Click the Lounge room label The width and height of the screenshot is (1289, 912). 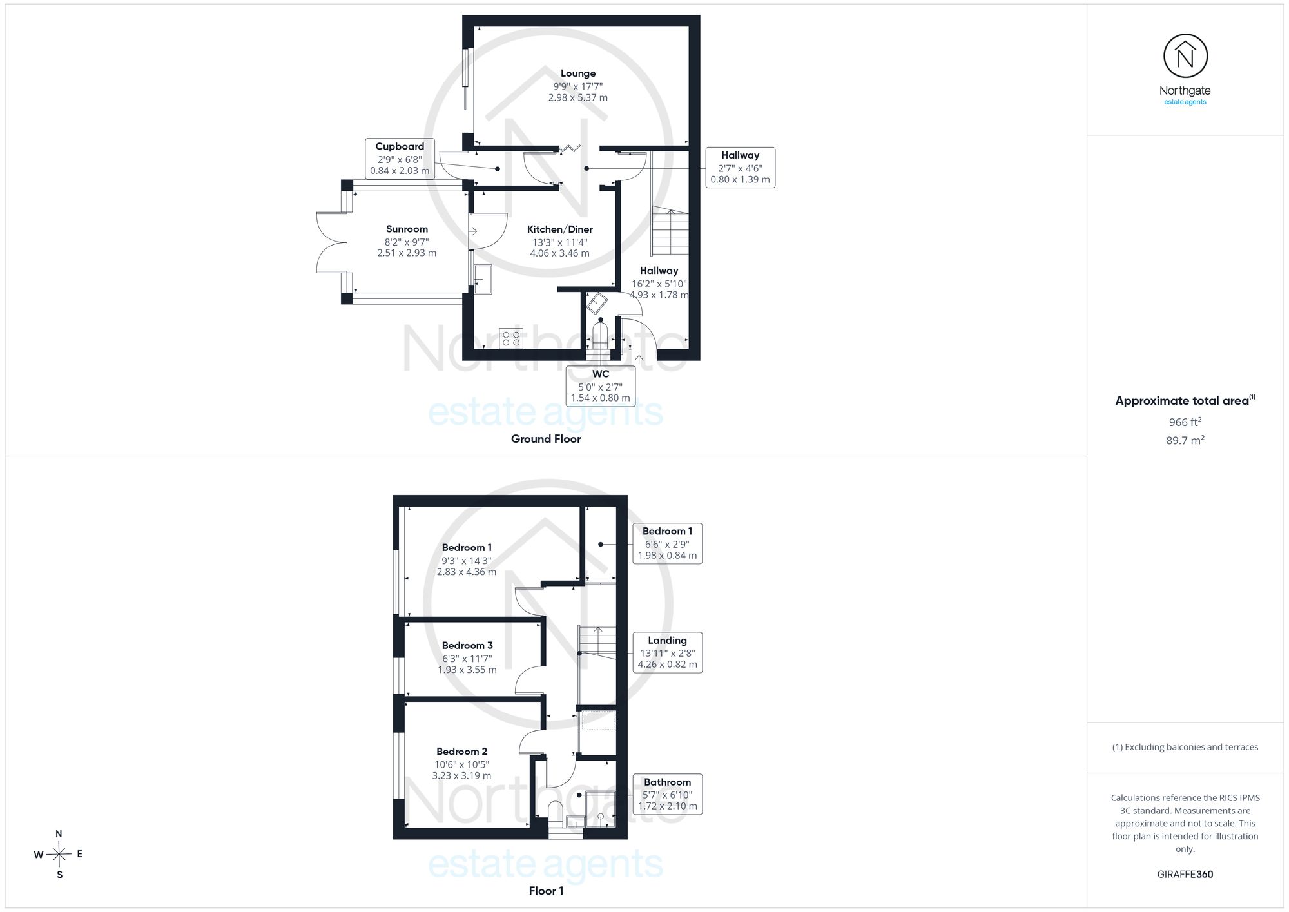pos(578,73)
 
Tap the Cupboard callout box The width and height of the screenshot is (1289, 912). pos(400,159)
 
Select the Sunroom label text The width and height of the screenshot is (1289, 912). pos(407,229)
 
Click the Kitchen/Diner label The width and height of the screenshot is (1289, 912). pos(559,229)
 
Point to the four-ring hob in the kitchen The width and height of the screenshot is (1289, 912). pos(511,338)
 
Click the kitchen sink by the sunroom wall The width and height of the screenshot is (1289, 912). pos(483,279)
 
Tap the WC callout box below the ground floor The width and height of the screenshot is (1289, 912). pos(601,386)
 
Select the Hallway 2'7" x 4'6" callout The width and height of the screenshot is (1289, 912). pos(740,168)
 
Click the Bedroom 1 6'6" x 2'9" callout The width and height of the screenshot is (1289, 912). pos(667,543)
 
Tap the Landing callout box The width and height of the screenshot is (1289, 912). pos(667,652)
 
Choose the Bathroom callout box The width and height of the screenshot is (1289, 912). pos(667,794)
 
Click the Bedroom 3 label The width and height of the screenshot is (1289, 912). pos(467,646)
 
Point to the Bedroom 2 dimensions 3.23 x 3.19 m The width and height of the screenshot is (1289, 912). pos(461,776)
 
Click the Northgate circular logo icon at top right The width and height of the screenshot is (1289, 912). pos(1185,57)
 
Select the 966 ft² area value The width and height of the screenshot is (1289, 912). pos(1185,422)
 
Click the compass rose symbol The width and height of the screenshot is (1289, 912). pos(59,855)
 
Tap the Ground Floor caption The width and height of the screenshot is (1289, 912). pos(546,439)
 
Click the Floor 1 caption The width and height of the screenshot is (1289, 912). pos(546,891)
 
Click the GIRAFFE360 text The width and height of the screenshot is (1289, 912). pos(1185,875)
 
